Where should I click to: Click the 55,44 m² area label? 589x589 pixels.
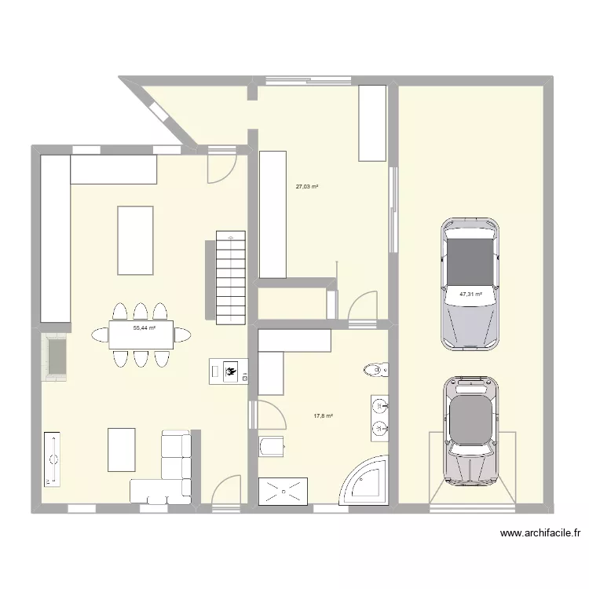(x=144, y=328)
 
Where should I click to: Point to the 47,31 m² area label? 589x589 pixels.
(x=470, y=294)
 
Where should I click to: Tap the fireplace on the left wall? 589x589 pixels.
(x=55, y=357)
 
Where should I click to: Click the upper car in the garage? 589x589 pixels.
(x=470, y=283)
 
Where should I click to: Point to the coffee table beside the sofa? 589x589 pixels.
(x=121, y=448)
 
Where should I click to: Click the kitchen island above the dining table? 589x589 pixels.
(x=135, y=240)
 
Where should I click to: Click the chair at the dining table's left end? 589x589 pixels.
(x=99, y=335)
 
